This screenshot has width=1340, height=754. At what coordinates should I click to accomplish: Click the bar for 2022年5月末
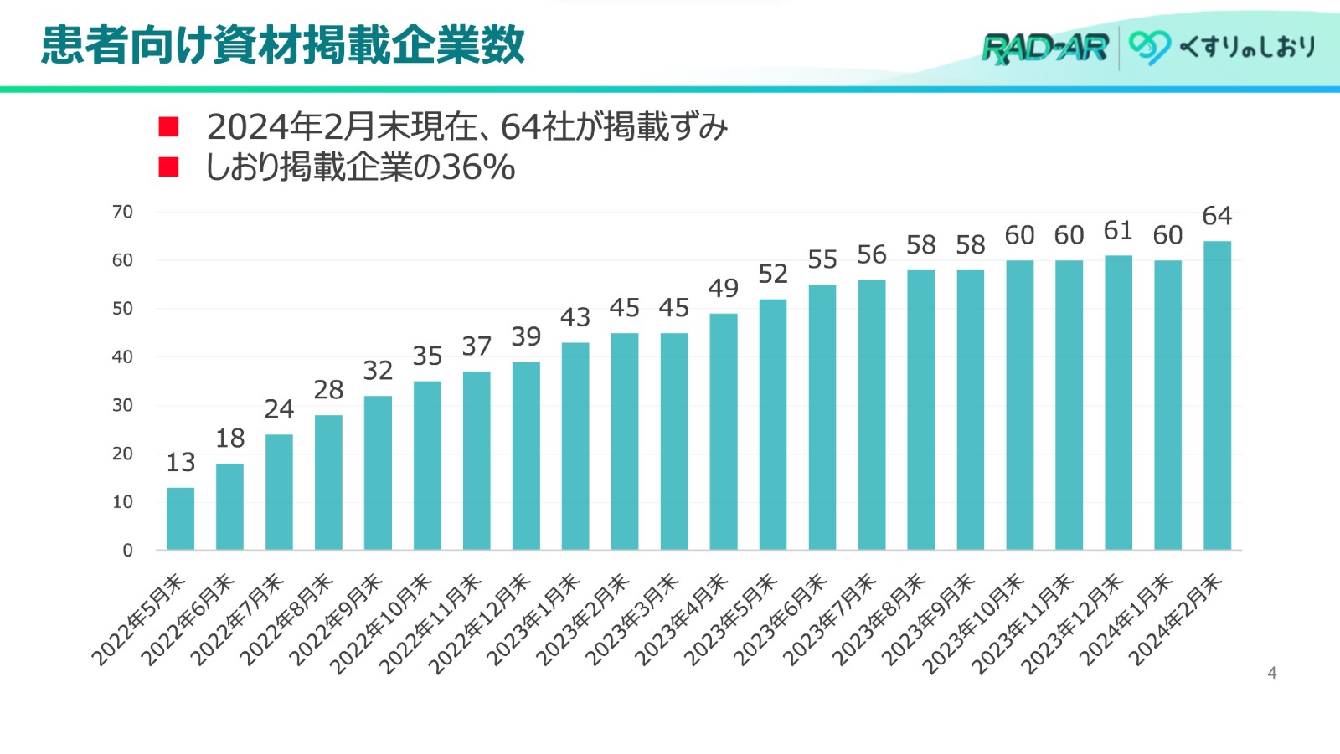tap(180, 519)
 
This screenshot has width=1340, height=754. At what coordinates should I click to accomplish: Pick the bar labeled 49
tap(724, 432)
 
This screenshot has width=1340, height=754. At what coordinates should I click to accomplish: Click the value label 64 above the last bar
tap(1217, 216)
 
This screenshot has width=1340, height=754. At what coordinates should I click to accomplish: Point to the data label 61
tap(1118, 230)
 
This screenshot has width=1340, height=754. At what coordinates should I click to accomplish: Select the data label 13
tap(180, 462)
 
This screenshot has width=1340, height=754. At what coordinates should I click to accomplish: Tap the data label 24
tap(279, 408)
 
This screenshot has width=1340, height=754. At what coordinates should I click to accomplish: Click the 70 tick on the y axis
tap(122, 212)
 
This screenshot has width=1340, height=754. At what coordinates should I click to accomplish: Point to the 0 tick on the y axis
tap(127, 551)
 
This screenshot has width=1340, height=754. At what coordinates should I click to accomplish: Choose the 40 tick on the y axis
tap(122, 357)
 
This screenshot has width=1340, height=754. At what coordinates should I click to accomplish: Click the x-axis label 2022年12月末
tap(480, 623)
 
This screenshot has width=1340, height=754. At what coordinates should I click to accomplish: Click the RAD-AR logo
tap(1045, 48)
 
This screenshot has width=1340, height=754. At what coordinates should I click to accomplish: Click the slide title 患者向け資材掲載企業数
tap(283, 45)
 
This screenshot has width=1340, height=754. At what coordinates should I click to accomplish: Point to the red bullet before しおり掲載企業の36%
tap(169, 167)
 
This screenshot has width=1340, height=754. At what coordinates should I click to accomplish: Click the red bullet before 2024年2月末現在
tap(169, 126)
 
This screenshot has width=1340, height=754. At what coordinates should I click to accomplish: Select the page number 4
tap(1271, 673)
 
